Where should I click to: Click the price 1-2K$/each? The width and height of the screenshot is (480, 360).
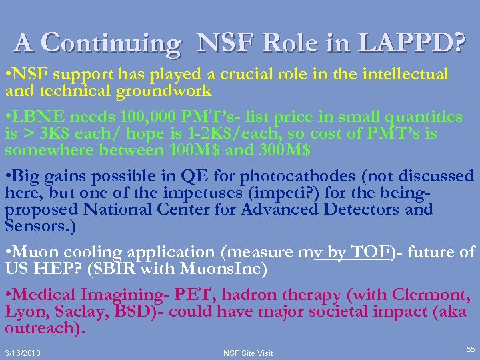point(221,134)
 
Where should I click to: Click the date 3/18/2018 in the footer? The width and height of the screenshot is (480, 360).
point(23,353)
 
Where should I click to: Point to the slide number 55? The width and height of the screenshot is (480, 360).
point(471,349)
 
